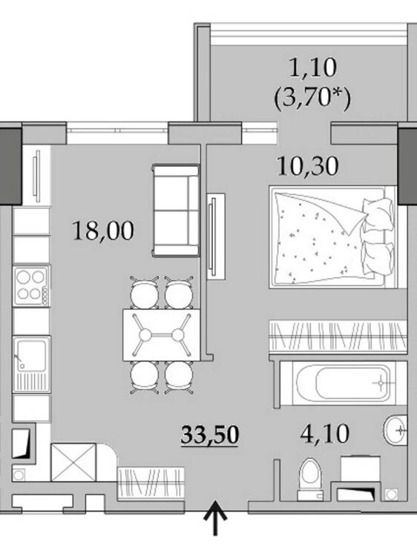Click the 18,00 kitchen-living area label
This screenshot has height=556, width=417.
point(103,231)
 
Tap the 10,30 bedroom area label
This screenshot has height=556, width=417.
point(308,166)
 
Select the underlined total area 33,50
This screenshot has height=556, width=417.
point(209,435)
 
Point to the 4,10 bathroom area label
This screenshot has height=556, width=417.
point(325,434)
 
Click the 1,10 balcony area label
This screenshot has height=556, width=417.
point(313,67)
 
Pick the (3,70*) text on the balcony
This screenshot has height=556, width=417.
point(312,98)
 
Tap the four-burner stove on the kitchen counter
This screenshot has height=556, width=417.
point(30,286)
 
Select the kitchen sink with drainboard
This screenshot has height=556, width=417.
point(31,365)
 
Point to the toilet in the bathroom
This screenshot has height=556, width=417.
point(311,480)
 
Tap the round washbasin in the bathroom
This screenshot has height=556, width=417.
point(395,430)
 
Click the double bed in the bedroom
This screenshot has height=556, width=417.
point(333,236)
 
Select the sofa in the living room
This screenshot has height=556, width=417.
point(175,210)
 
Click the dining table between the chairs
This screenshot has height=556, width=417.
point(161,335)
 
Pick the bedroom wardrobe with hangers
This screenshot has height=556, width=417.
point(338,336)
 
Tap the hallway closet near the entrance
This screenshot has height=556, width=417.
point(151,483)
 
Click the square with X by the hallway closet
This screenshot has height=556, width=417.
point(73,462)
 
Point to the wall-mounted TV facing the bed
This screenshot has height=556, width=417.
point(215,237)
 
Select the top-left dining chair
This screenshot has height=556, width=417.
point(145,293)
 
